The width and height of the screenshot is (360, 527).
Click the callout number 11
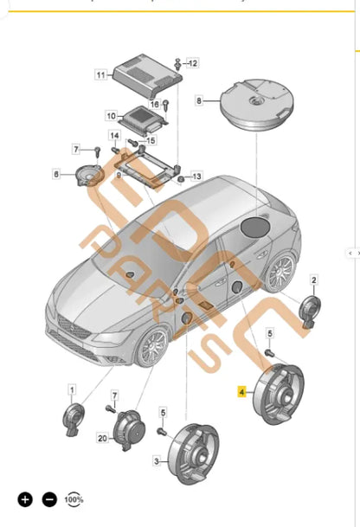[x=100, y=75]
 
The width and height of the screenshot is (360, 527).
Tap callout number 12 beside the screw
[x=192, y=63]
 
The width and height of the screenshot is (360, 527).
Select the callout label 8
[x=199, y=101]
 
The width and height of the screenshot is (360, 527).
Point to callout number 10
[x=111, y=115]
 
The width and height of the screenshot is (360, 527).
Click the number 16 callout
[x=156, y=103]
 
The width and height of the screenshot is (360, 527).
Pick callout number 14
[x=114, y=136]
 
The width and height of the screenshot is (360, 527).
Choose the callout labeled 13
[x=196, y=176]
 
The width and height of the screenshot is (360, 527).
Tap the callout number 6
[x=57, y=174]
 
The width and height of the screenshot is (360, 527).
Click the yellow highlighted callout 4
[x=243, y=391]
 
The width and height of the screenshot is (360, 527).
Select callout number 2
[x=313, y=279]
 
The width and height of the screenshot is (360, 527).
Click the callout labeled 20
[x=101, y=440]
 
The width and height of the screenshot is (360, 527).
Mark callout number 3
[x=157, y=462]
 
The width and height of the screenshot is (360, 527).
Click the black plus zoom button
[x=25, y=499]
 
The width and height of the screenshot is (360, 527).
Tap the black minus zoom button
[x=49, y=499]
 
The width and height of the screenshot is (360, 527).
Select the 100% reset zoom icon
[x=74, y=499]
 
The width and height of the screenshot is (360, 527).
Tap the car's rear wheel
[x=280, y=271]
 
